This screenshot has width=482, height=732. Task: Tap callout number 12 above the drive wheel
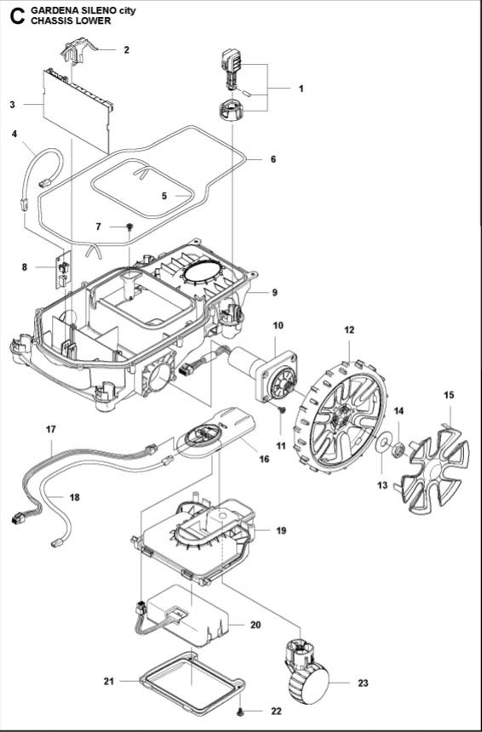click(x=349, y=329)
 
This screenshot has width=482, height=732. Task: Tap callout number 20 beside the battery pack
click(x=256, y=624)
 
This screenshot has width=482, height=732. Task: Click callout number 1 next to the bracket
click(x=301, y=89)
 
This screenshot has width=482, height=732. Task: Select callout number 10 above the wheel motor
click(x=278, y=326)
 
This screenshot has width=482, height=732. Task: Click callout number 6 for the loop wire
click(x=273, y=159)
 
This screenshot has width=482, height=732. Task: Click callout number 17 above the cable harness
click(x=50, y=430)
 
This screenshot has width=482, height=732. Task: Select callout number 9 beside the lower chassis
click(x=275, y=292)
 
